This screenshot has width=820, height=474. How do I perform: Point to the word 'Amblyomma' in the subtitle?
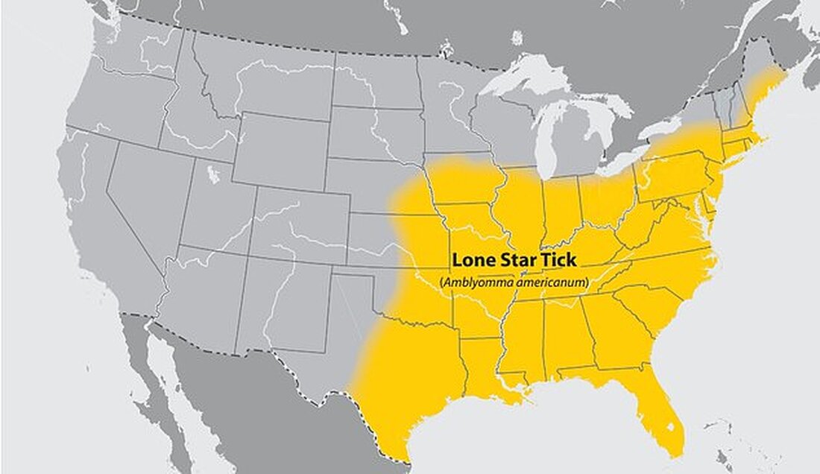[x=473, y=282]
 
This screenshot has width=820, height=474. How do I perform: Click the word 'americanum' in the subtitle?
[x=549, y=282]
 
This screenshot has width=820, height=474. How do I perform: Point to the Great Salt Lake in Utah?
[x=213, y=174]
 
